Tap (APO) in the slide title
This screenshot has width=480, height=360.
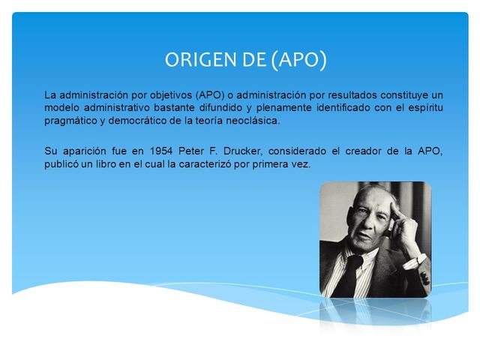click(x=298, y=60)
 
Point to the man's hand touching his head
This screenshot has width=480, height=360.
click(x=406, y=225)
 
